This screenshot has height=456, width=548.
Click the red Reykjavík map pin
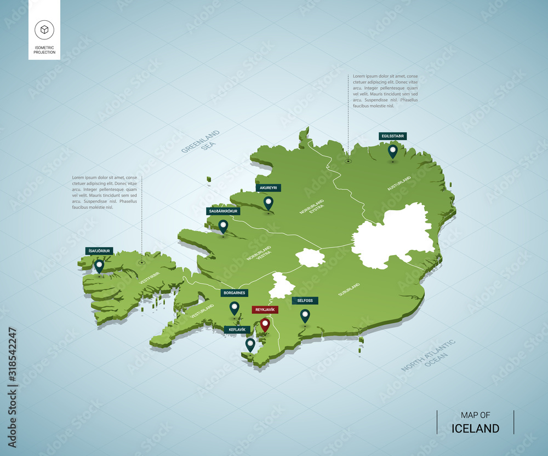click(x=265, y=324)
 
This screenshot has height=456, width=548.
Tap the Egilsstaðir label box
click(x=392, y=136)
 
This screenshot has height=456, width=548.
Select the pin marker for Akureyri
click(x=268, y=203)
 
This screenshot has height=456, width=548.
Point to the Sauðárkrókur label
click(x=223, y=211)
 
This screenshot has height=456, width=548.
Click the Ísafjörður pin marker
click(x=99, y=265)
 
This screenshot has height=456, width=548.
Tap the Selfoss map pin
click(x=305, y=315)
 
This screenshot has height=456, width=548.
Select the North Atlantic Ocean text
click(x=429, y=356)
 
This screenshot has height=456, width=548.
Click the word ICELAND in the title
click(x=475, y=429)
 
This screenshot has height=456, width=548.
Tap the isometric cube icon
click(x=44, y=29)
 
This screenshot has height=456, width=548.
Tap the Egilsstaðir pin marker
click(x=392, y=151)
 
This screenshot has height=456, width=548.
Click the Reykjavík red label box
click(x=265, y=310)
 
